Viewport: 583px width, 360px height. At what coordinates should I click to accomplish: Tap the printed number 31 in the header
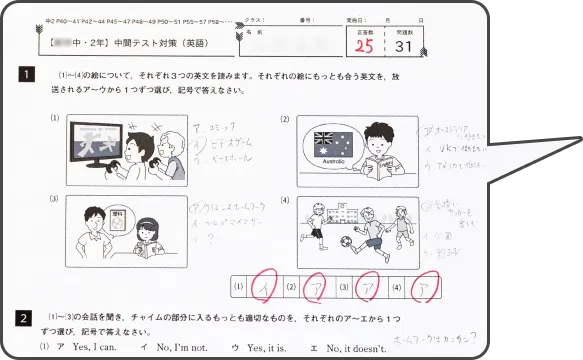(404, 45)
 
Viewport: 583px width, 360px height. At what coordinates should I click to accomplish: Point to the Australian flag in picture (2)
(330, 142)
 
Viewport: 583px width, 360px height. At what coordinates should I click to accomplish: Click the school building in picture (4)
(347, 212)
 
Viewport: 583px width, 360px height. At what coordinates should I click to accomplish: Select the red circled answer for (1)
(263, 287)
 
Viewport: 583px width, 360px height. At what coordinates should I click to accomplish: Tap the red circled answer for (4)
(427, 287)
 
